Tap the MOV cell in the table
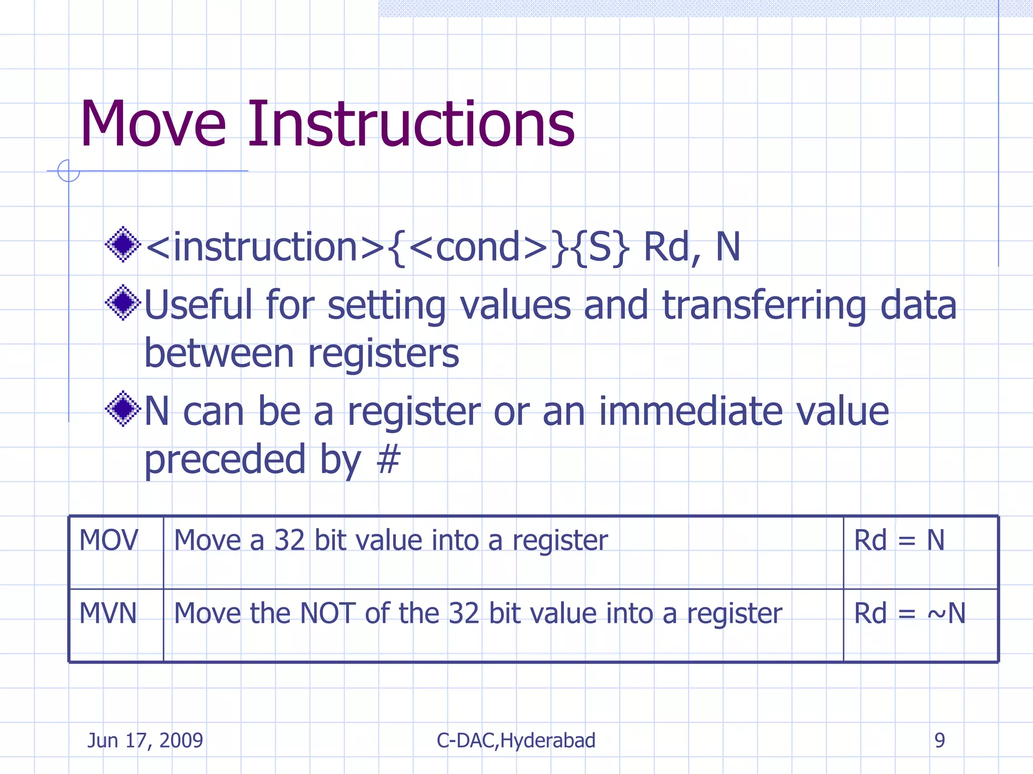(x=108, y=540)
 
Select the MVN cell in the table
(x=108, y=613)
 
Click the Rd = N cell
(x=899, y=540)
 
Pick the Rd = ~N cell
(x=909, y=613)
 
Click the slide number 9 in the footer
(x=939, y=740)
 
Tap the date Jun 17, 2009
(x=145, y=740)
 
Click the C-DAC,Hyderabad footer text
(x=516, y=740)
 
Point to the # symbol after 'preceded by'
(x=388, y=460)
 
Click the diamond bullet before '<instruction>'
(x=123, y=245)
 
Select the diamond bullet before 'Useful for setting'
(x=123, y=303)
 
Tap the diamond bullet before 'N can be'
(x=123, y=409)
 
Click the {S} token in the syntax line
(x=602, y=247)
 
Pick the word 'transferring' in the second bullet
(x=764, y=305)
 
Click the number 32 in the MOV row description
(x=289, y=540)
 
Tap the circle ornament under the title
(x=69, y=171)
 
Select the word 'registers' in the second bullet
(x=383, y=353)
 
